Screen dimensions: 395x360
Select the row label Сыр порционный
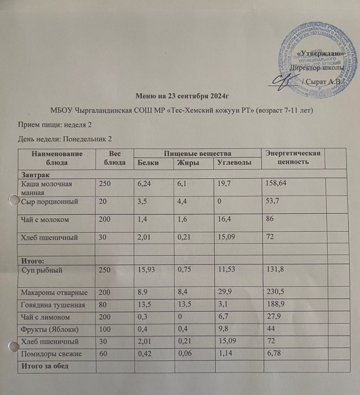(x=50, y=201)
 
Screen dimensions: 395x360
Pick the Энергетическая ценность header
(x=293, y=158)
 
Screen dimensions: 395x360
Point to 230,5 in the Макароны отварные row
(x=274, y=293)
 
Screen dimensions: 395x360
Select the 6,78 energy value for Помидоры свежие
(x=270, y=354)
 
